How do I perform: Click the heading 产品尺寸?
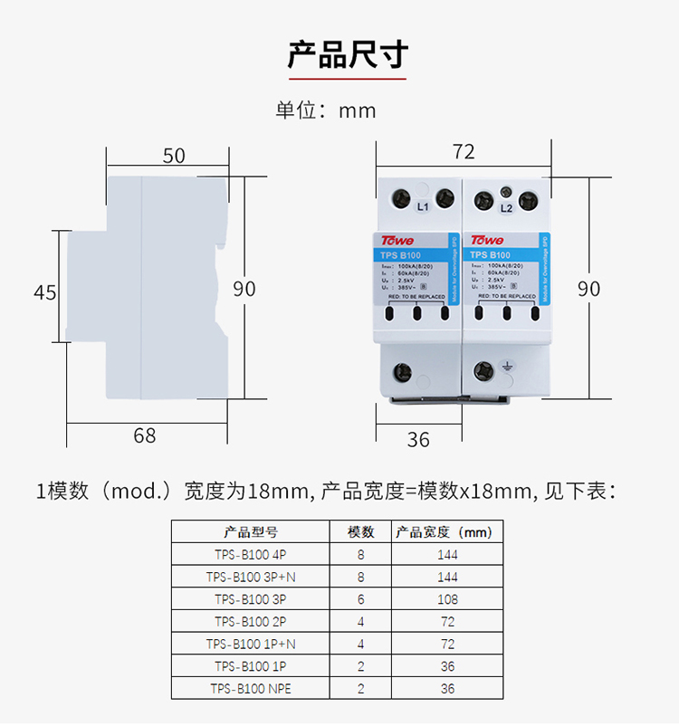[x=348, y=55]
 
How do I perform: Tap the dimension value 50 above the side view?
[x=174, y=155]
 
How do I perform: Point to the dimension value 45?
[x=45, y=292]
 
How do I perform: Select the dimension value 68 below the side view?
[x=145, y=436]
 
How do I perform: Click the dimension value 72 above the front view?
[x=464, y=152]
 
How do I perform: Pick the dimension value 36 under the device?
[x=418, y=440]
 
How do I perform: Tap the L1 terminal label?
[x=422, y=207]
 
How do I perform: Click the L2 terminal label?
[x=507, y=208]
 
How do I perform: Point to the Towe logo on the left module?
[x=397, y=241]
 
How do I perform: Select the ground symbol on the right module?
[x=508, y=369]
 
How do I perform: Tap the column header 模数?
[x=360, y=531]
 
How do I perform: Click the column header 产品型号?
[x=251, y=531]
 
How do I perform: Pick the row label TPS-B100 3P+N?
[x=251, y=577]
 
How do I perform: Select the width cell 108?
[x=447, y=599]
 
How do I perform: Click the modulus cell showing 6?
[x=360, y=599]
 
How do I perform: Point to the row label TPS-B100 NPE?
[x=251, y=689]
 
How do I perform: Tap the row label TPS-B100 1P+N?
[x=251, y=644]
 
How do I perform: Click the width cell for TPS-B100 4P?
[x=447, y=554]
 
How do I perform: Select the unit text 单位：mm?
[x=326, y=110]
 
